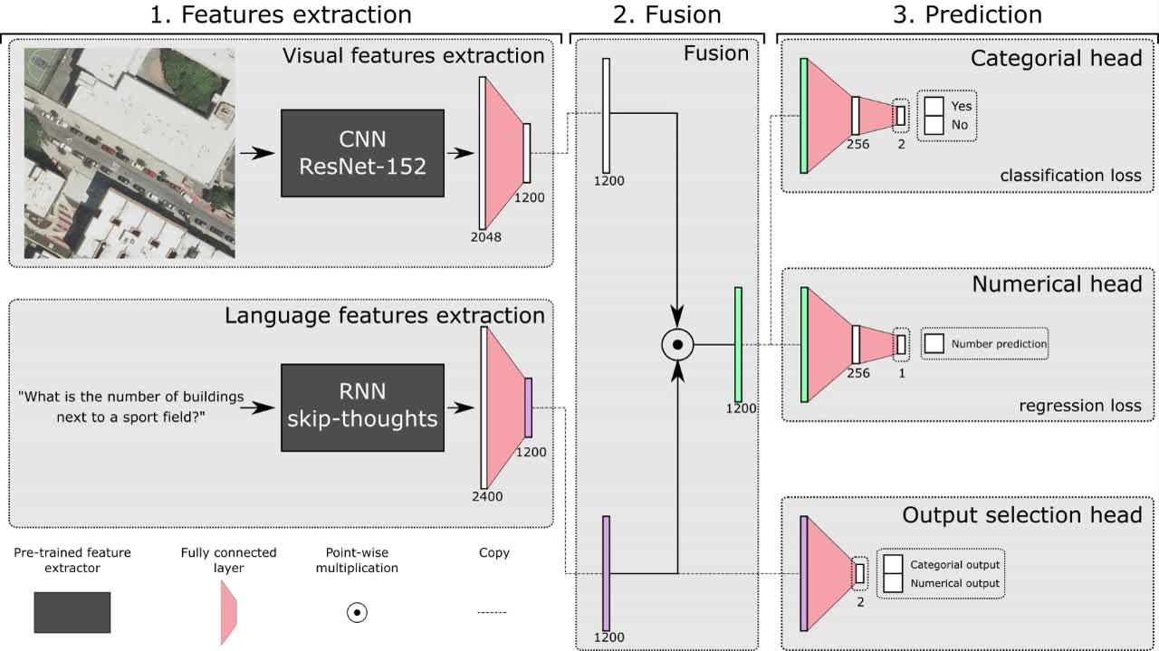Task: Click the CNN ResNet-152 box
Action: point(362,153)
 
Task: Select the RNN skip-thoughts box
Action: point(362,407)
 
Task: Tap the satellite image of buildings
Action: point(129,153)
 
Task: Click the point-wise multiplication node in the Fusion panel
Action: point(677,344)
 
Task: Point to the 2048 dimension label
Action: point(485,237)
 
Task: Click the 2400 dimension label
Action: point(486,496)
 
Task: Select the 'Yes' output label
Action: point(961,106)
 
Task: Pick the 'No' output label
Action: point(959,125)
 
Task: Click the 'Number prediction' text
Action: point(999,344)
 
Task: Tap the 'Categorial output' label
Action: point(954,565)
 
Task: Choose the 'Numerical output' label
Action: point(954,584)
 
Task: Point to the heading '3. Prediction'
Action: point(966,14)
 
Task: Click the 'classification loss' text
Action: point(1070,176)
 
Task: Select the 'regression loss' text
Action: point(1080,406)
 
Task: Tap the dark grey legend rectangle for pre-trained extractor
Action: point(72,612)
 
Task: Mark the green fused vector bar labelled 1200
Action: point(739,344)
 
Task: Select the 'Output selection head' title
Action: point(1021,515)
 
